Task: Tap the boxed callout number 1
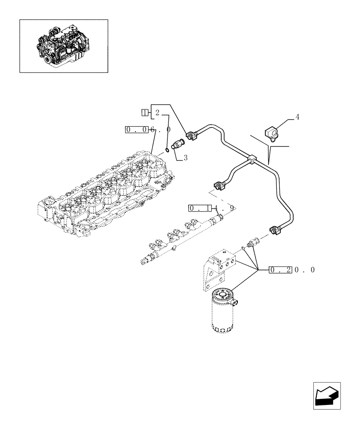(145, 113)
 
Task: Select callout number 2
(157, 113)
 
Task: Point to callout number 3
(185, 158)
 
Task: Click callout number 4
(297, 117)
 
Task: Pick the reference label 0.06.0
(148, 130)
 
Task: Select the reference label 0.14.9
(212, 208)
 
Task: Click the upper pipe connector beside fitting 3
(192, 136)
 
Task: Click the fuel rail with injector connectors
(180, 240)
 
